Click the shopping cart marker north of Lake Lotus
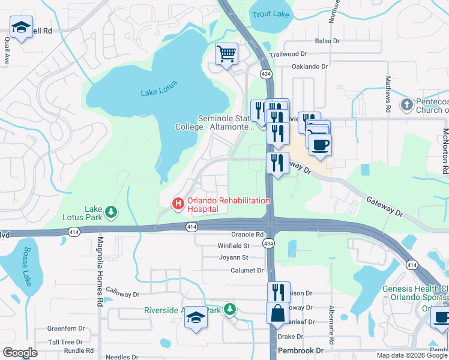tap(227, 55)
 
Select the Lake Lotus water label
tap(157, 92)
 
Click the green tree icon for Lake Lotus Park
tap(110, 211)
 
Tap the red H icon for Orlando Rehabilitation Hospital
tap(178, 204)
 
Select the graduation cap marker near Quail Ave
tap(22, 27)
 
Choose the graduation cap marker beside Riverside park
tap(196, 317)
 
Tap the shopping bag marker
tap(278, 314)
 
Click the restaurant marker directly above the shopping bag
tap(279, 293)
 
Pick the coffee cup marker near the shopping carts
tap(320, 145)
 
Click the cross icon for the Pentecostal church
tap(406, 105)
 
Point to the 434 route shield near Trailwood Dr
tap(265, 73)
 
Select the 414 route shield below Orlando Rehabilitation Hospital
tap(191, 227)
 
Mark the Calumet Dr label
tap(247, 271)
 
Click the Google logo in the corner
tap(20, 353)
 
